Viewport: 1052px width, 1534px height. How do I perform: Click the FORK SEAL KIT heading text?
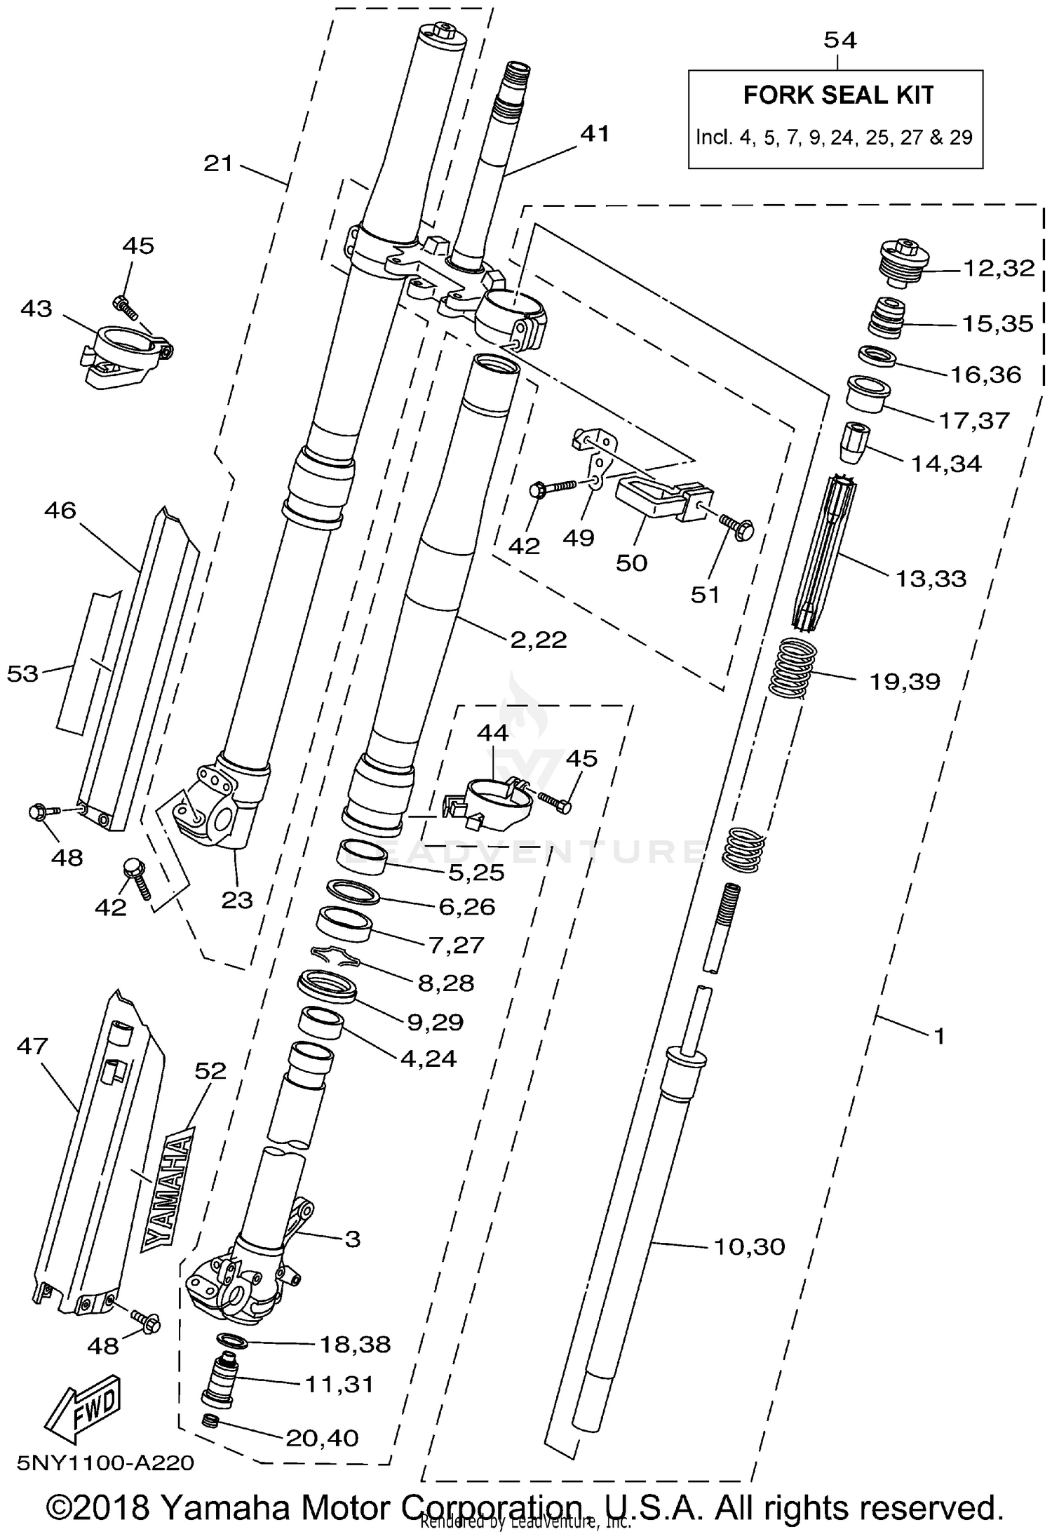[838, 95]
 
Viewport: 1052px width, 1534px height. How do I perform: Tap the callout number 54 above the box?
[839, 41]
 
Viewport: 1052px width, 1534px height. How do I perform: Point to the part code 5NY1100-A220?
[105, 1463]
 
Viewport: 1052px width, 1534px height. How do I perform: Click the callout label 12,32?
[998, 268]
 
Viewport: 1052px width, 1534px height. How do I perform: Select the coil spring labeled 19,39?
[793, 665]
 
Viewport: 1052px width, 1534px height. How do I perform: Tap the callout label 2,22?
[538, 639]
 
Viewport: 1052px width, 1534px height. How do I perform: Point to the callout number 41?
[595, 133]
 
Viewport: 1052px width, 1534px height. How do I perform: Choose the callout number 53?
[22, 674]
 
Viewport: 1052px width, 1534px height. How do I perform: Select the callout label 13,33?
[931, 579]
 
